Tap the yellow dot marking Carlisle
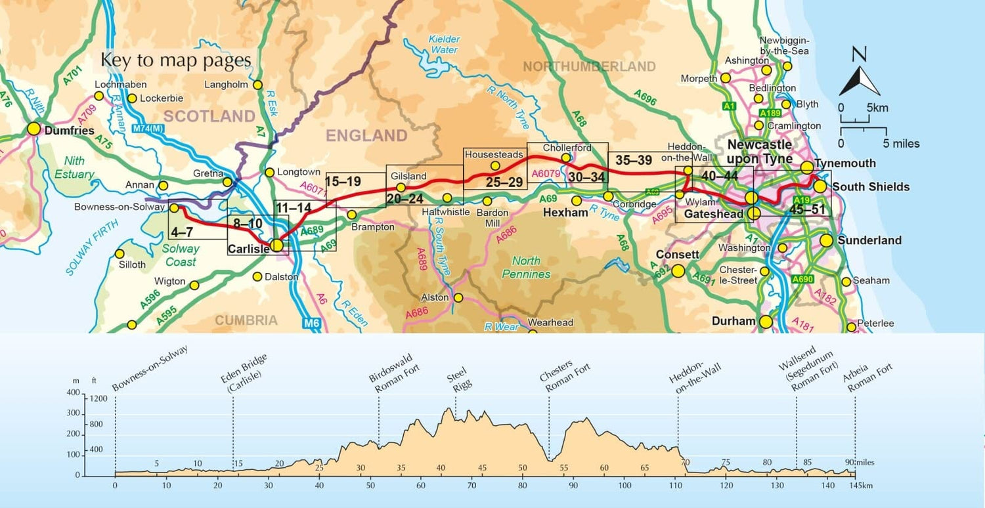click(277, 245)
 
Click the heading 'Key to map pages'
click(175, 61)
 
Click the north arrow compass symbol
click(856, 72)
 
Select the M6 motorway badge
click(312, 323)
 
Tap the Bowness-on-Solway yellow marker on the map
click(174, 208)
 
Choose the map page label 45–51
click(806, 210)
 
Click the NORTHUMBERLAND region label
click(589, 66)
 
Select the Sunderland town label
click(868, 240)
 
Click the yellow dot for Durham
click(766, 322)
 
